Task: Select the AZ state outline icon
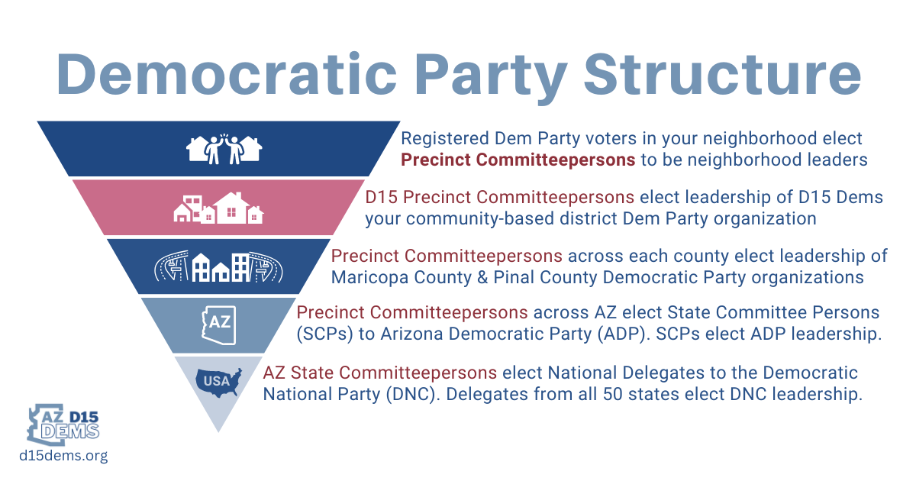coord(218,324)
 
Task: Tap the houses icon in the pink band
coord(218,208)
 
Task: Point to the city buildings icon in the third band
coord(218,266)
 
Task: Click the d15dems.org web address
coord(63,456)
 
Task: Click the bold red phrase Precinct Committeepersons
coord(518,160)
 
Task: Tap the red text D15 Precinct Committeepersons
coord(499,197)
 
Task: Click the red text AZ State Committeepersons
coord(380,373)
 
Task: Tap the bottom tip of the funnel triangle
coord(218,430)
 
